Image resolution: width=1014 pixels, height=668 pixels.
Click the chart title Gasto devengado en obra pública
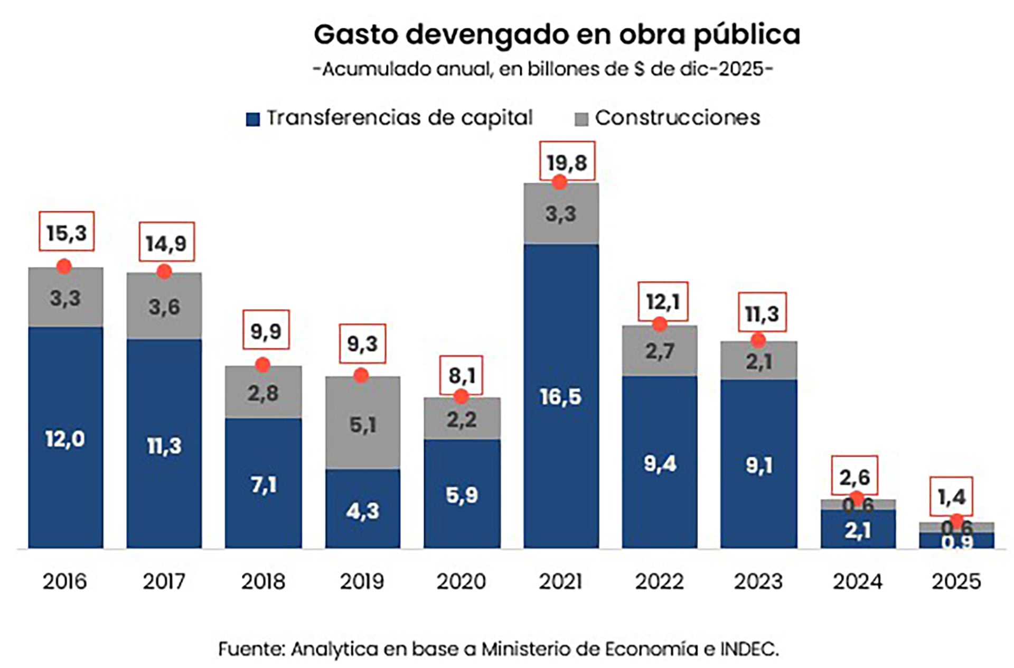[557, 35]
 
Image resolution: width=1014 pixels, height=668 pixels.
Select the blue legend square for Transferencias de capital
[253, 119]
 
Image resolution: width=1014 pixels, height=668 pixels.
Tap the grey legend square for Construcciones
[581, 119]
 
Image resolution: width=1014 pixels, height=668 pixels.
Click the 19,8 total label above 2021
[567, 162]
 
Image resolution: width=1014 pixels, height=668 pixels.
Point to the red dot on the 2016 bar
[64, 266]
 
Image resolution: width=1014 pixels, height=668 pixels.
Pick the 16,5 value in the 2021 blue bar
[560, 396]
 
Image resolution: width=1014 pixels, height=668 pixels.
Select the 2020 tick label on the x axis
[461, 581]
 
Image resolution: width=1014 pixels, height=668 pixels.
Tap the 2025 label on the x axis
[956, 581]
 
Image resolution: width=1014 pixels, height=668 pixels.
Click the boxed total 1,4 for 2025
[951, 497]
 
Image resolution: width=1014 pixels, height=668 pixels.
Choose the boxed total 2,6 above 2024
[854, 477]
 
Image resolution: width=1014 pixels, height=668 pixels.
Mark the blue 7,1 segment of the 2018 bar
[263, 484]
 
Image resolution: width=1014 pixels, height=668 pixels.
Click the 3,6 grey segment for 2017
[164, 307]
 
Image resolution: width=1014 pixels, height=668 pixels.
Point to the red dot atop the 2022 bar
[659, 324]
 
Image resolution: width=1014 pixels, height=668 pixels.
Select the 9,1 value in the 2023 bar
[758, 465]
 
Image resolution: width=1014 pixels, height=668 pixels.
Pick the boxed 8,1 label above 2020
[461, 375]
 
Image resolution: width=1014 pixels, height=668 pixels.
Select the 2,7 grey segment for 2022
[659, 351]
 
